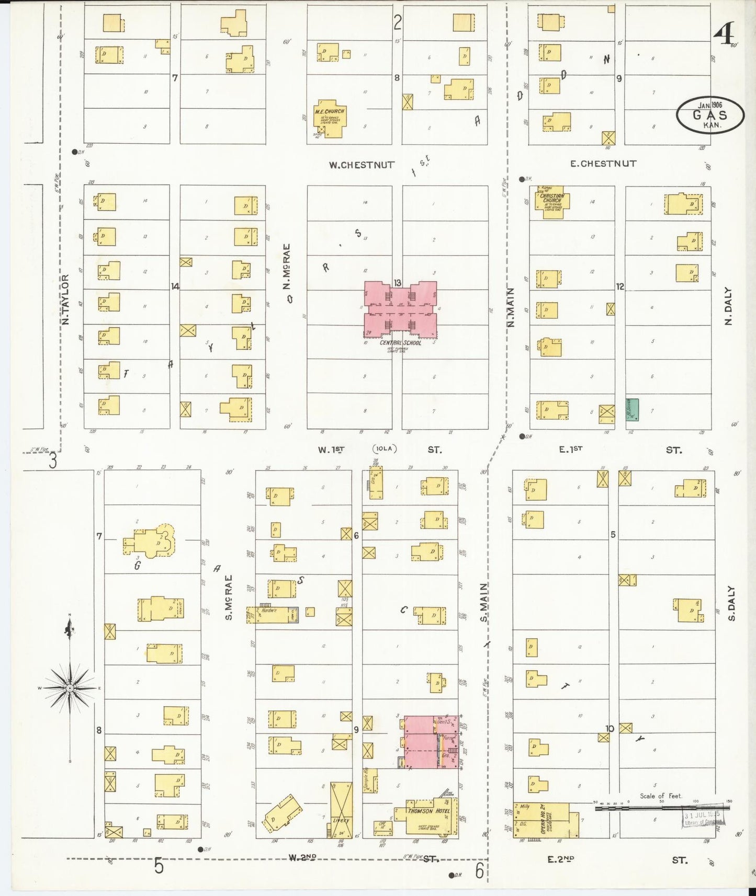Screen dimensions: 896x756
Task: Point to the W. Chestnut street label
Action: (362, 165)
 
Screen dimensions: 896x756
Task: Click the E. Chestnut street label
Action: (603, 164)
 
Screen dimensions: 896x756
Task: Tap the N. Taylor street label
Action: (66, 300)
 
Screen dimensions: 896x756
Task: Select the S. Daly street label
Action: (731, 603)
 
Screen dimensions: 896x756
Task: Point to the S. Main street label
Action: (483, 602)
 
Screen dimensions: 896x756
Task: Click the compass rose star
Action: (70, 688)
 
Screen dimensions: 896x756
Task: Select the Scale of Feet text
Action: (661, 796)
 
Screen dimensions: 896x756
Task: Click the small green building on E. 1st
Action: (633, 409)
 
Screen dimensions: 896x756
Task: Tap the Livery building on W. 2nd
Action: (341, 810)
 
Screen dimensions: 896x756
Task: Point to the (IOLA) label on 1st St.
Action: (386, 449)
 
